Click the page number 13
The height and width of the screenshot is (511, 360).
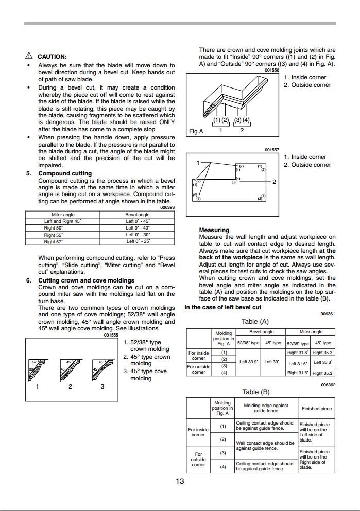click(x=180, y=481)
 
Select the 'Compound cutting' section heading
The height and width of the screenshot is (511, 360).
click(x=65, y=173)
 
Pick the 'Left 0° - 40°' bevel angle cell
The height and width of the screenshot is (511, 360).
click(x=138, y=228)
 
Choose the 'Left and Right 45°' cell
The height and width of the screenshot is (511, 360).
click(x=60, y=221)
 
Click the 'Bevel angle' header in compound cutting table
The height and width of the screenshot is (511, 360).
click(x=138, y=215)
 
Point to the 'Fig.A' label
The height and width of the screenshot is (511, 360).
click(x=196, y=131)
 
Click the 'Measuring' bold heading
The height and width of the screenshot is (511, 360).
click(x=214, y=230)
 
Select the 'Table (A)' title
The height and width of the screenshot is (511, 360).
click(x=255, y=321)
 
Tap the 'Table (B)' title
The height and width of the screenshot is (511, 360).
click(x=255, y=392)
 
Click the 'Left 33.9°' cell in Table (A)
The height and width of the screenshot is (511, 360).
click(x=249, y=362)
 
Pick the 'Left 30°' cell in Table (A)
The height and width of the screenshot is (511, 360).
click(x=272, y=362)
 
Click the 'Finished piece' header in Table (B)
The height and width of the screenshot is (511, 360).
click(x=317, y=409)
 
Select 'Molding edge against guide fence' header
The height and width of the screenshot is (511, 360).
click(x=266, y=409)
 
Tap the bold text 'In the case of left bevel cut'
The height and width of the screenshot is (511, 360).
click(x=223, y=307)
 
